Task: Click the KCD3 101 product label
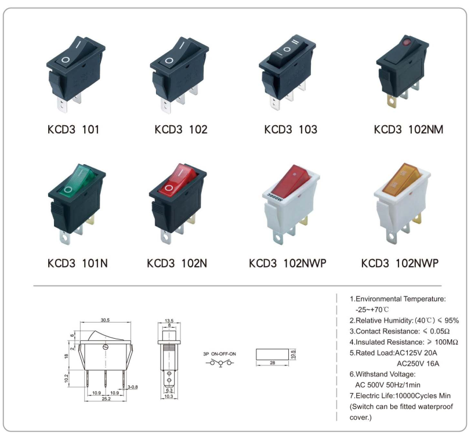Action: (73, 129)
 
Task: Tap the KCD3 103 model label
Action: (291, 129)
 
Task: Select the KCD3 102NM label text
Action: (408, 129)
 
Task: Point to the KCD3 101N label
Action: (78, 263)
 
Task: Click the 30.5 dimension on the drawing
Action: (105, 320)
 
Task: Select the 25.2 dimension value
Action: (106, 399)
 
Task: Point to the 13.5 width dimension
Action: (169, 321)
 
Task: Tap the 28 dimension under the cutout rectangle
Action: (273, 363)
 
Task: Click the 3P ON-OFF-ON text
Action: (220, 354)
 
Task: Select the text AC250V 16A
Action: (418, 364)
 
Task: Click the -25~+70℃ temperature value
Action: (372, 309)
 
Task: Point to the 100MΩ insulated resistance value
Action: (446, 342)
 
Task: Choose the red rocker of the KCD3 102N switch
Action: (177, 180)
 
